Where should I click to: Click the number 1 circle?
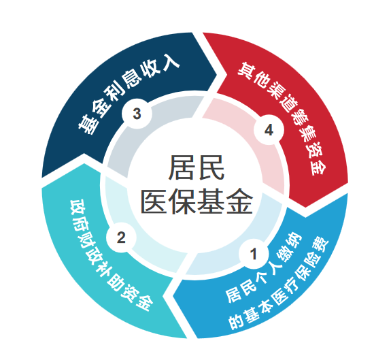tap(254, 254)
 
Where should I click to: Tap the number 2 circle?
tap(121, 238)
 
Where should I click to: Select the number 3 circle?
tap(137, 114)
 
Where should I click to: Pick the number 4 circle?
tap(269, 130)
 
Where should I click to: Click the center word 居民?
tap(197, 167)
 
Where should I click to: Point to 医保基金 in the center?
tap(197, 201)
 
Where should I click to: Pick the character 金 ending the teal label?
tap(143, 302)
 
